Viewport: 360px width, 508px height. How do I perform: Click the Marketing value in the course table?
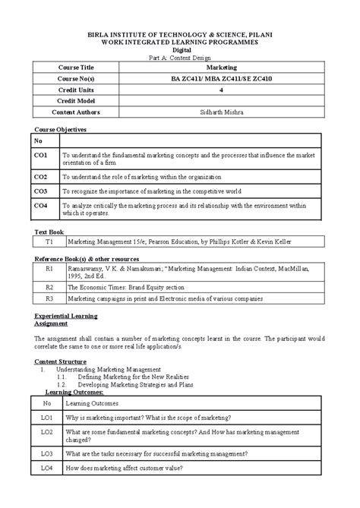[x=221, y=68]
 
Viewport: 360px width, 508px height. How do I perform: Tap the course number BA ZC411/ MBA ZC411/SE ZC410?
[x=221, y=78]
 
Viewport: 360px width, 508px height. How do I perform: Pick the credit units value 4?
[x=221, y=90]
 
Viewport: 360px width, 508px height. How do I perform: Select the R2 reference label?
[x=48, y=288]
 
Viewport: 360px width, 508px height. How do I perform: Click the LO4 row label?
[x=47, y=469]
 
